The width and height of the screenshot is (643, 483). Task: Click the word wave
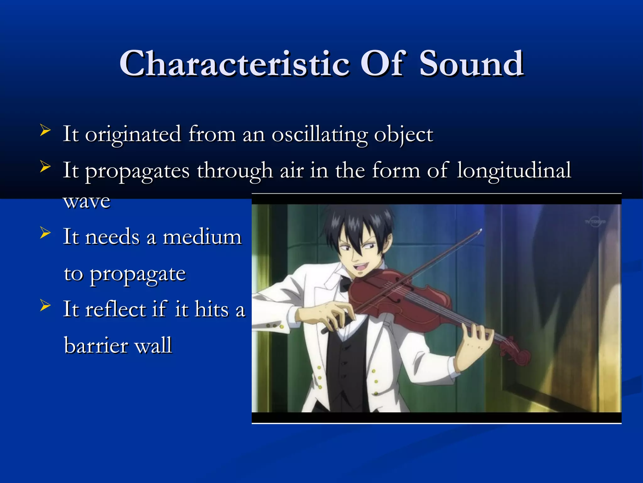click(x=87, y=201)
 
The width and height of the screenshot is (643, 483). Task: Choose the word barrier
click(x=96, y=345)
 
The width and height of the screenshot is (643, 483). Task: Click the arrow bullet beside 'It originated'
click(x=45, y=130)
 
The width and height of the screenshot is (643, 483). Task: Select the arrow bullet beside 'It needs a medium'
click(x=45, y=233)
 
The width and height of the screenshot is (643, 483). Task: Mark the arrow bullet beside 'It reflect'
click(x=45, y=305)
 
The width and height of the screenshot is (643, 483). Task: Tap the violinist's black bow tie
click(x=346, y=283)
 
